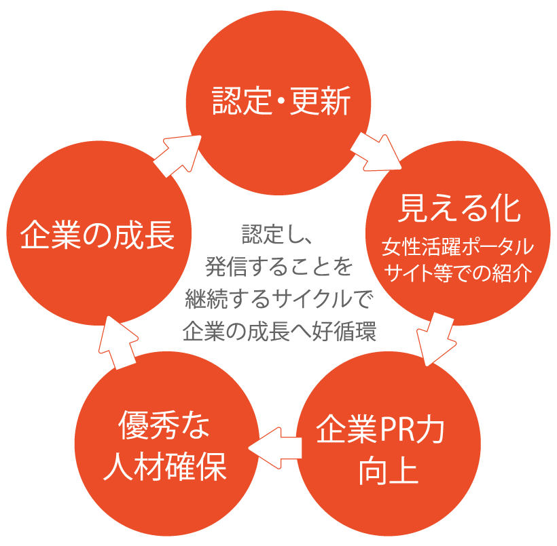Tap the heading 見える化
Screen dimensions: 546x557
coord(459,208)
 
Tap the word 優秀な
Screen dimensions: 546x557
coord(165,429)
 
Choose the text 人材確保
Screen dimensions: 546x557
coord(165,468)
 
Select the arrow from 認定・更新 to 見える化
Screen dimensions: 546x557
coord(376,151)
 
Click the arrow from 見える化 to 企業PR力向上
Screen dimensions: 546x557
coord(436,339)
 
